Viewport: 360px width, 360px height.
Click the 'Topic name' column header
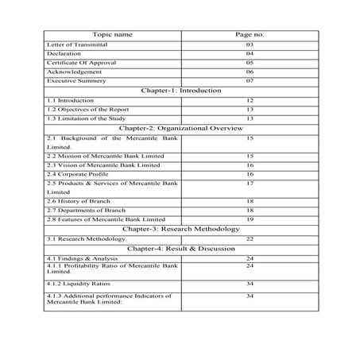click(x=112, y=36)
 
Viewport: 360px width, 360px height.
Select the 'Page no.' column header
click(x=250, y=36)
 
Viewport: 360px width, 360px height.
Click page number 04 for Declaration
click(x=250, y=54)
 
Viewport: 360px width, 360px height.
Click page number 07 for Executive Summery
click(x=250, y=80)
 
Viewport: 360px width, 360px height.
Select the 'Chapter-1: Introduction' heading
click(x=181, y=91)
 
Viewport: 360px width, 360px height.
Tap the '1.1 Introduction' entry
click(x=70, y=101)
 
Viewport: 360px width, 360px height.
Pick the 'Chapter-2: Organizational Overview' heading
click(x=181, y=127)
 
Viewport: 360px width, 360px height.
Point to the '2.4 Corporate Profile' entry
click(x=78, y=173)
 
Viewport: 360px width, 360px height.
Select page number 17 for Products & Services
click(x=250, y=184)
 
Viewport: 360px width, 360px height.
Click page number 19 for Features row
click(x=250, y=219)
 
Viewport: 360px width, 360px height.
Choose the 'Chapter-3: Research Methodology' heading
click(x=181, y=229)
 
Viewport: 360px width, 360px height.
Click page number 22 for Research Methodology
click(x=250, y=238)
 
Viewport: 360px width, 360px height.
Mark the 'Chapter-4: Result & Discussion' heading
click(x=181, y=249)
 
